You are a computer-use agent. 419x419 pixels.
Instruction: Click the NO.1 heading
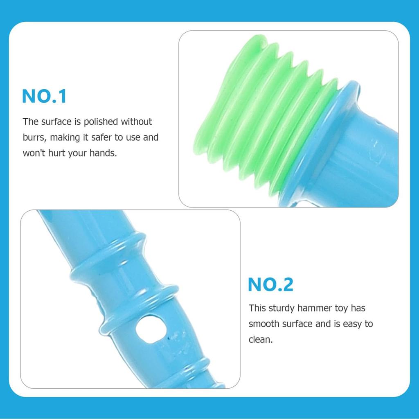point(44,97)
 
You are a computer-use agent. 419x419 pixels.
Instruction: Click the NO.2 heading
point(270,285)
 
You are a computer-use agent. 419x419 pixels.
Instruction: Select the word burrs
point(34,137)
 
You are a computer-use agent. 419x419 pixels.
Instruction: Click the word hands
point(103,154)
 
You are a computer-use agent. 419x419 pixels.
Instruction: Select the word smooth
point(263,324)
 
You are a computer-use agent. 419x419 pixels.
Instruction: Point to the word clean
point(260,340)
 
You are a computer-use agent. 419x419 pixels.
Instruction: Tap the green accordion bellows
point(262,119)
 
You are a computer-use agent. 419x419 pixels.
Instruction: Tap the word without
point(136,122)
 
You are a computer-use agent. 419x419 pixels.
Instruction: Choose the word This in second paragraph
point(257,308)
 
